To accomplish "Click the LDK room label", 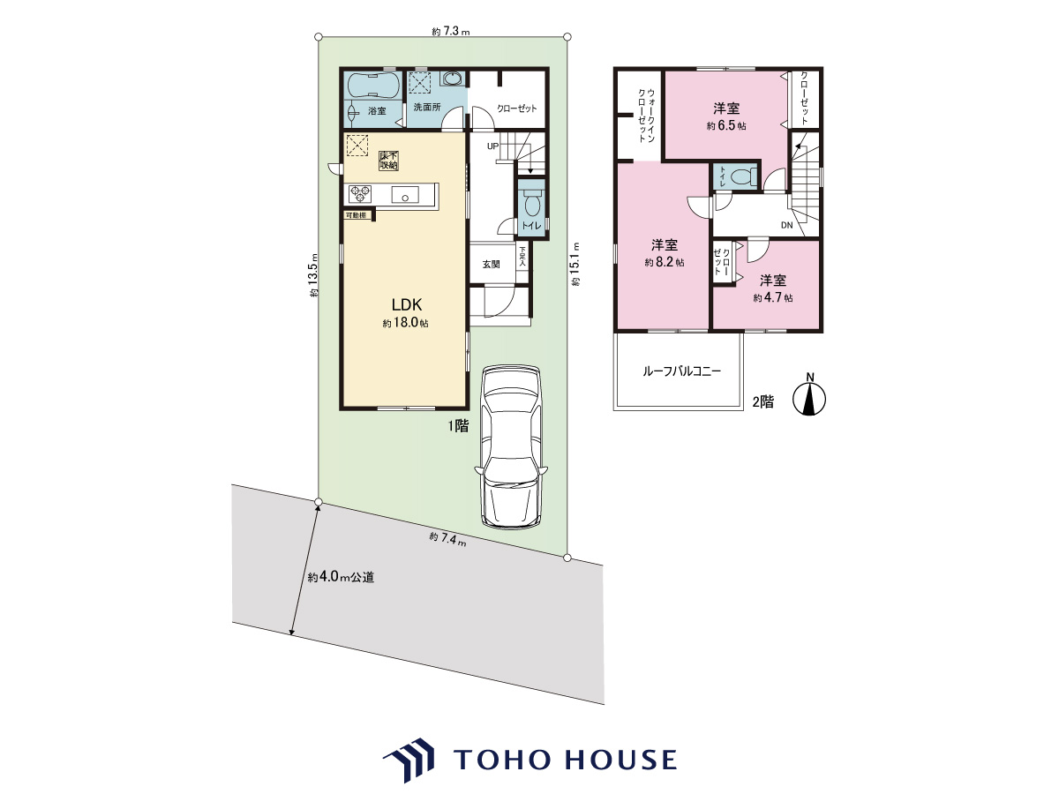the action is pos(407,304).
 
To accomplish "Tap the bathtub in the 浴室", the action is pos(373,86).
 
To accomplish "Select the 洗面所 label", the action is pos(427,107).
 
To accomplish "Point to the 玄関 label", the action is pos(492,264).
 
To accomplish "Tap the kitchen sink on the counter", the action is pos(405,195).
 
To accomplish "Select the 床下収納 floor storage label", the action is pos(389,161).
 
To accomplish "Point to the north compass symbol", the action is pos(809,395).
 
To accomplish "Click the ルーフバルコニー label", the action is pos(681,371).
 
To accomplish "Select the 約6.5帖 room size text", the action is pos(726,126).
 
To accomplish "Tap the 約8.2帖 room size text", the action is pos(665,263).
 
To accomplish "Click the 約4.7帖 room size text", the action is pos(773,298).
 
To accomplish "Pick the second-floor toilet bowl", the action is pos(743,177).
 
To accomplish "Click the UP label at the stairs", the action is pos(492,146).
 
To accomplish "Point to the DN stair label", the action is pos(787,225).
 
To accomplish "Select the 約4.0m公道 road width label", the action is pos(341,577).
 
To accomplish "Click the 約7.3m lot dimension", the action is pos(450,32).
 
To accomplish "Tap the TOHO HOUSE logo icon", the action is pos(409,760).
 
